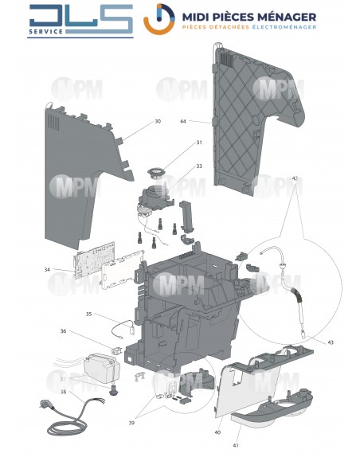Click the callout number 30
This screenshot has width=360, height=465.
coord(158,121)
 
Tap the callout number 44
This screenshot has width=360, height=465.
coord(183,121)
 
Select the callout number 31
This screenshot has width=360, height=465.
coord(199,143)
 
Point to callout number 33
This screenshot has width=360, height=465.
coord(199,166)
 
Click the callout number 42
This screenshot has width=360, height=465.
coord(295,178)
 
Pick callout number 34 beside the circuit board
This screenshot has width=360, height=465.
coord(47,270)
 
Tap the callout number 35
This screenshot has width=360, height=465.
coord(88,314)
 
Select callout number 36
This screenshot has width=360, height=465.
coord(63,330)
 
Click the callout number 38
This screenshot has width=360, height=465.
coord(63,392)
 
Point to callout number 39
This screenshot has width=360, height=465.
coord(131,423)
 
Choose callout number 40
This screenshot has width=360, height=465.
coord(217,432)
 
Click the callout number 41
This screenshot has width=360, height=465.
coord(236,445)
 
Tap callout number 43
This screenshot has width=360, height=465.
coord(331,342)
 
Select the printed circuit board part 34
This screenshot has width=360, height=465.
coord(94,260)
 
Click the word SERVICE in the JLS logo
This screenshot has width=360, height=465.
coord(46,31)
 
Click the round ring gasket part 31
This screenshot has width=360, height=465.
coord(156,173)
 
